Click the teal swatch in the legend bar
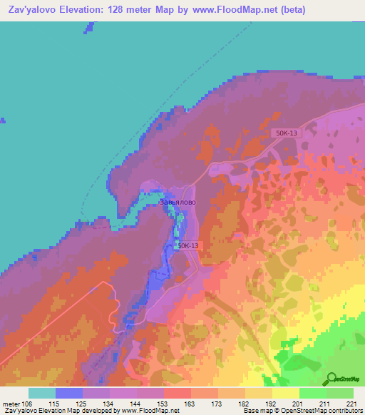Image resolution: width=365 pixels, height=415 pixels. point(42,393)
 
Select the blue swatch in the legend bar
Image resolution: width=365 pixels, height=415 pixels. point(69,393)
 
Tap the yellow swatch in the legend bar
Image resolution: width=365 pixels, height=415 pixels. point(286,393)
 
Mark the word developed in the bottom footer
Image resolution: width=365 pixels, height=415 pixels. point(95,411)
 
